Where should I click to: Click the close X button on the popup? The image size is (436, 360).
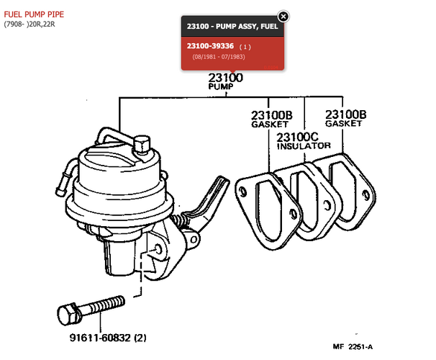283,17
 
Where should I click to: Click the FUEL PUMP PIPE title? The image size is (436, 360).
34,14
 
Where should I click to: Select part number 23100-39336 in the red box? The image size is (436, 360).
210,46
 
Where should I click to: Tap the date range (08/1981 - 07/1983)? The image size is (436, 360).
219,57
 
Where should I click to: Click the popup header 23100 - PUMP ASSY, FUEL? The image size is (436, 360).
232,26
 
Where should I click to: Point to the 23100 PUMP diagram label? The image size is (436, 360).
225,81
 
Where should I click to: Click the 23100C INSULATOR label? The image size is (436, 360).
304,141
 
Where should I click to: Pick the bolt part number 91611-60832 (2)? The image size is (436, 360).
108,338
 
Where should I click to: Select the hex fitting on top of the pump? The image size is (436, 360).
142,145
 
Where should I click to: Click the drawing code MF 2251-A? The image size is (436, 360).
353,346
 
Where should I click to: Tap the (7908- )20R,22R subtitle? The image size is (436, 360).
29,24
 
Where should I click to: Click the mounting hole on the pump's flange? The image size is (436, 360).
158,249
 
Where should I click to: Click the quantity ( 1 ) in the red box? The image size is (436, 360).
245,47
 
